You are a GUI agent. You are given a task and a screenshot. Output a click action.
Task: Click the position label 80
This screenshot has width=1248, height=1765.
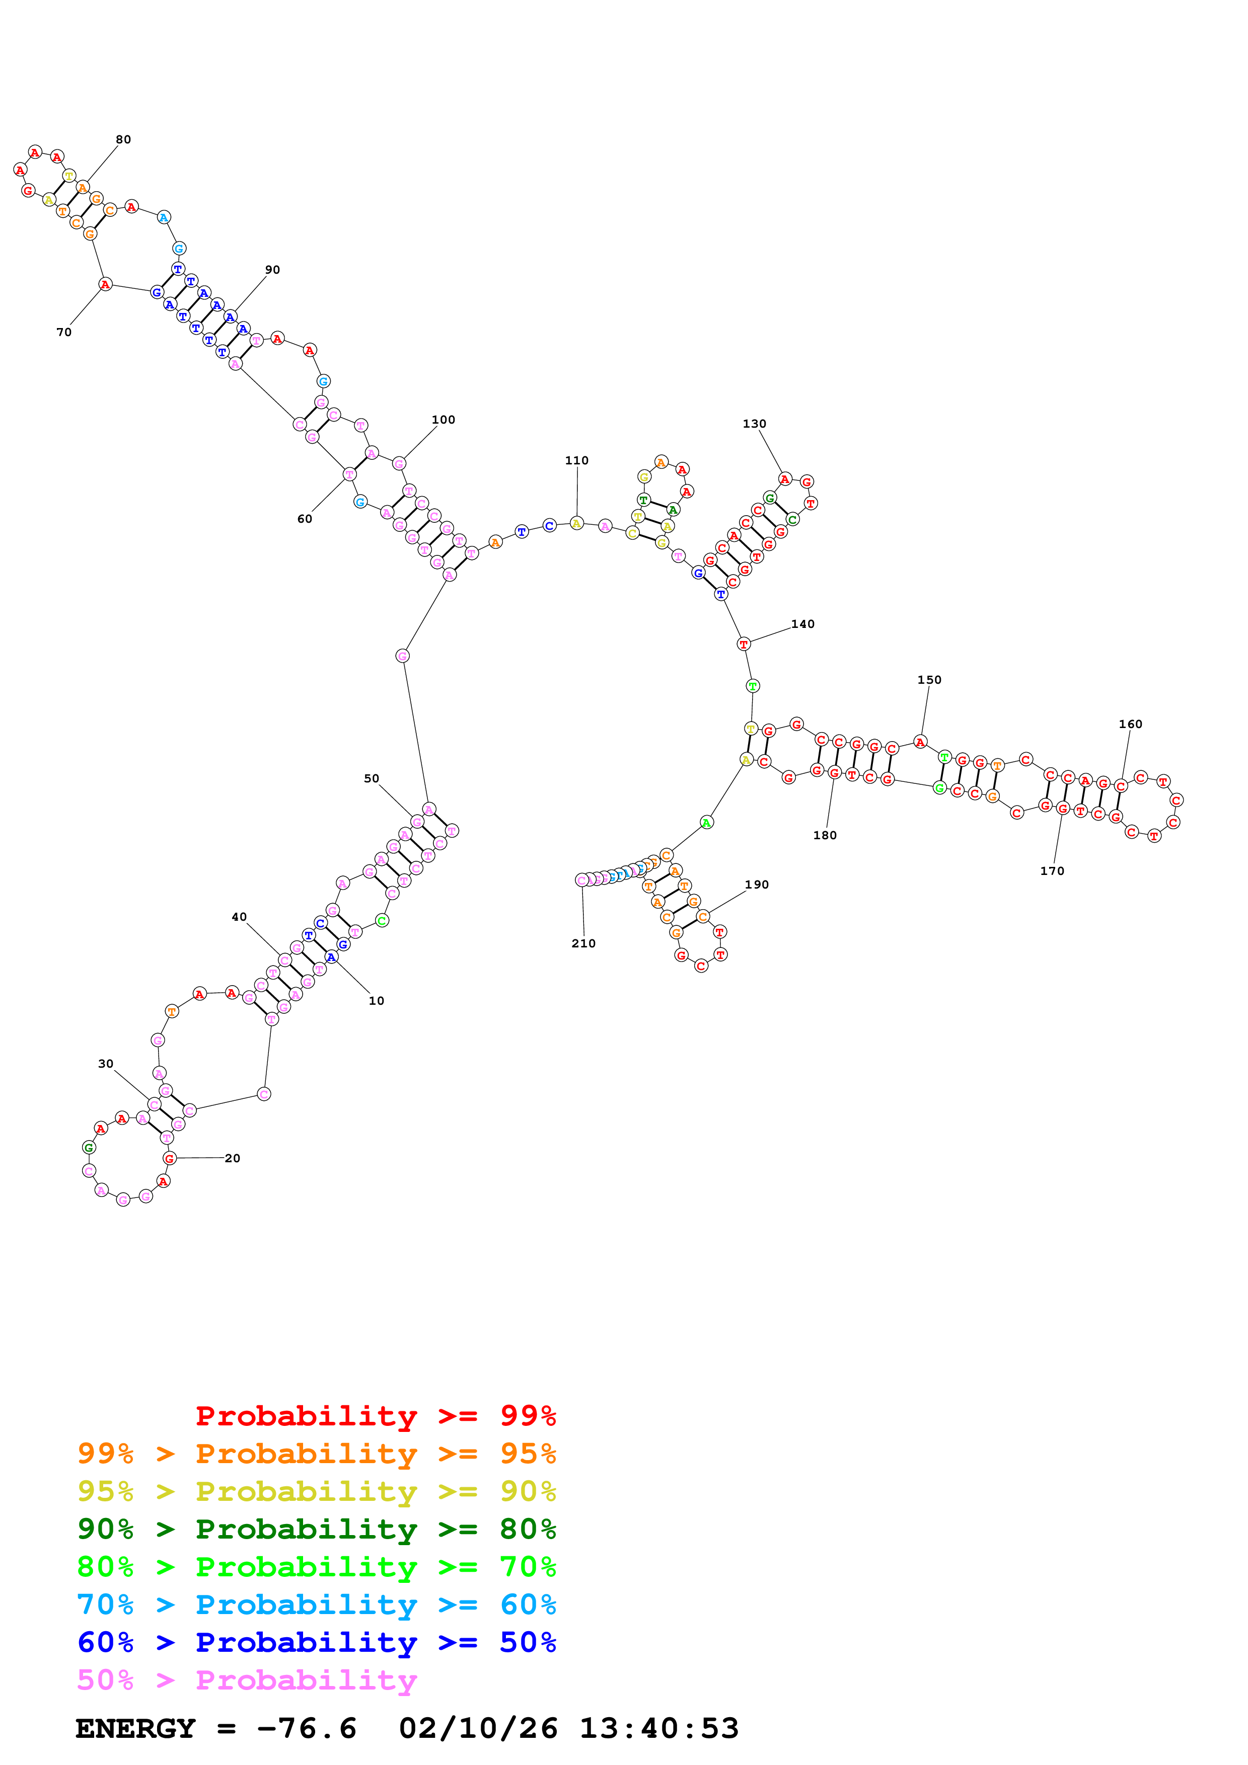[123, 139]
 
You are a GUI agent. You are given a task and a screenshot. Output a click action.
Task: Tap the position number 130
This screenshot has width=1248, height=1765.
[754, 424]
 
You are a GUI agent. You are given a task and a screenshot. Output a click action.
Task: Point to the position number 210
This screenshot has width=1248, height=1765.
[583, 943]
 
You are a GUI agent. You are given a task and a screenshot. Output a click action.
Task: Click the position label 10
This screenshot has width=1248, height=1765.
[376, 1001]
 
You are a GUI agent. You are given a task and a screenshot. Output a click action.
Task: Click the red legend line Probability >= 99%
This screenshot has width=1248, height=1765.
[375, 1416]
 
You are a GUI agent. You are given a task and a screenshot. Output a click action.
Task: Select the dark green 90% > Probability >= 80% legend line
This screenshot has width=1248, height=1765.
[316, 1529]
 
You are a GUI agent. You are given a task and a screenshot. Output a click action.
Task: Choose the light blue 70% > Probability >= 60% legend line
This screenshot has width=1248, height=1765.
[316, 1604]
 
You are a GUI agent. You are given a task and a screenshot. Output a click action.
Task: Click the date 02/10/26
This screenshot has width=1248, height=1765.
[478, 1729]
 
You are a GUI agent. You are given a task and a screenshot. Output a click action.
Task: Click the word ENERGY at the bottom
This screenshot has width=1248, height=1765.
[135, 1729]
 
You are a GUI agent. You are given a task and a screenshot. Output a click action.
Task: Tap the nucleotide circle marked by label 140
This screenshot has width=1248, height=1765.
[743, 644]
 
